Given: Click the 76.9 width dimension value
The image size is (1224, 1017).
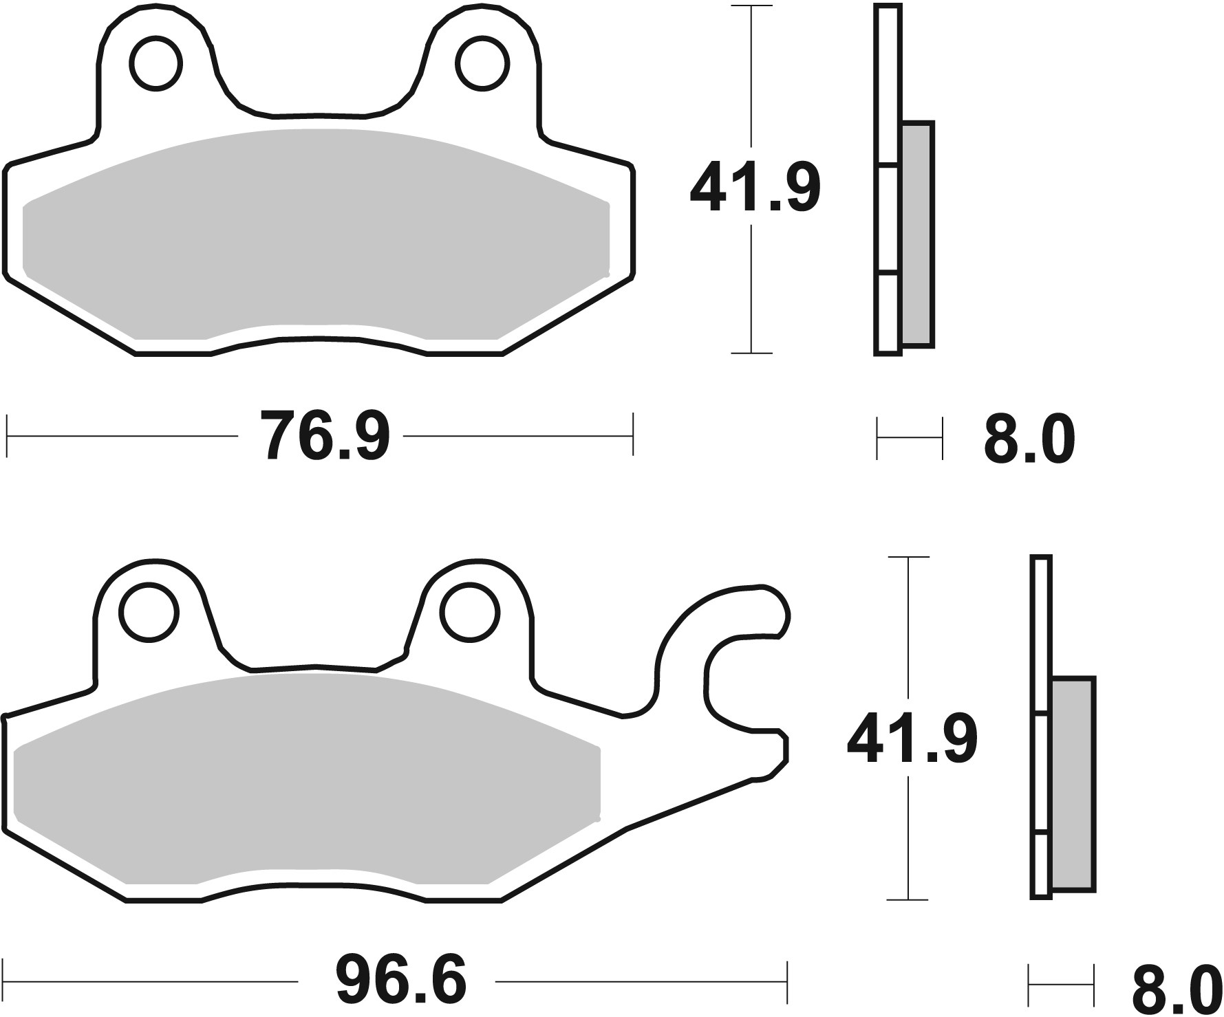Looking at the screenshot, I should [325, 436].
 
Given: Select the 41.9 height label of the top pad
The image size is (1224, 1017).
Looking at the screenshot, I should [755, 188].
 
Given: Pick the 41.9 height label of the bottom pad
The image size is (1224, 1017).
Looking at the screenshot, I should [912, 740].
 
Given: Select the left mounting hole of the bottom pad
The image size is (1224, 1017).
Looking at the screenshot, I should [149, 611].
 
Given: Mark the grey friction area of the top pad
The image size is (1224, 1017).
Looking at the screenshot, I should [316, 234].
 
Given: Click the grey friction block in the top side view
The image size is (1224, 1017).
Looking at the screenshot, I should [917, 234].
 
